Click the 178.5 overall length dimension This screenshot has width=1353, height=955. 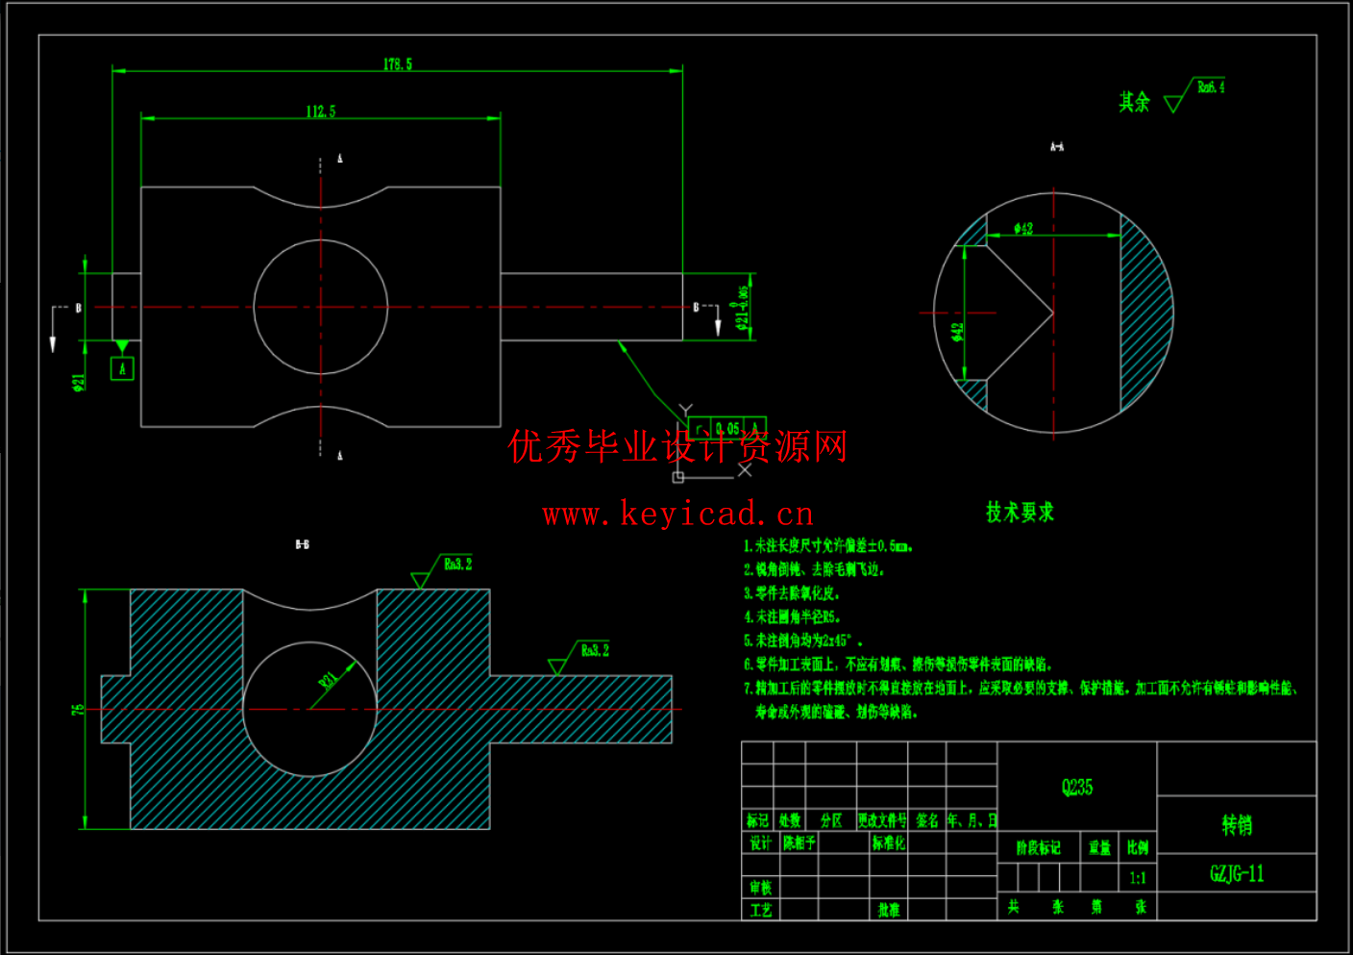397,64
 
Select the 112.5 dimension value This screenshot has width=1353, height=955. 321,112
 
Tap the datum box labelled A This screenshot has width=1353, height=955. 122,368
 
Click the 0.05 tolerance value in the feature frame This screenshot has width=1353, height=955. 727,428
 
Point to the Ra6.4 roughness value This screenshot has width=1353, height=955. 1211,88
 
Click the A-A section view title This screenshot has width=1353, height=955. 1056,147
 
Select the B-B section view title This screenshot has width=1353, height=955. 302,544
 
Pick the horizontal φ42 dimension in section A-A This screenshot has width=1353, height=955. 1023,228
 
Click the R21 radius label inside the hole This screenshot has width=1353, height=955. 329,680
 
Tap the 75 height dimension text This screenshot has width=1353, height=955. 78,709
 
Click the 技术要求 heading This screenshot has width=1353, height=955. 1020,513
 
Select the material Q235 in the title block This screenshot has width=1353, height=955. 1077,787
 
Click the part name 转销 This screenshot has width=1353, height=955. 1237,824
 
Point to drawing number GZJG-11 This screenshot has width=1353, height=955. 1237,873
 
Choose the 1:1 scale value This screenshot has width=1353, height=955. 1138,877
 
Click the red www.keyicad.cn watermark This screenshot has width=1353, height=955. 677,515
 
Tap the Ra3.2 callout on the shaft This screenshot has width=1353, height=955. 595,650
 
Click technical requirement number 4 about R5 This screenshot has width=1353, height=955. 793,616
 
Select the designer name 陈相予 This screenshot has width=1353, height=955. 799,843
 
